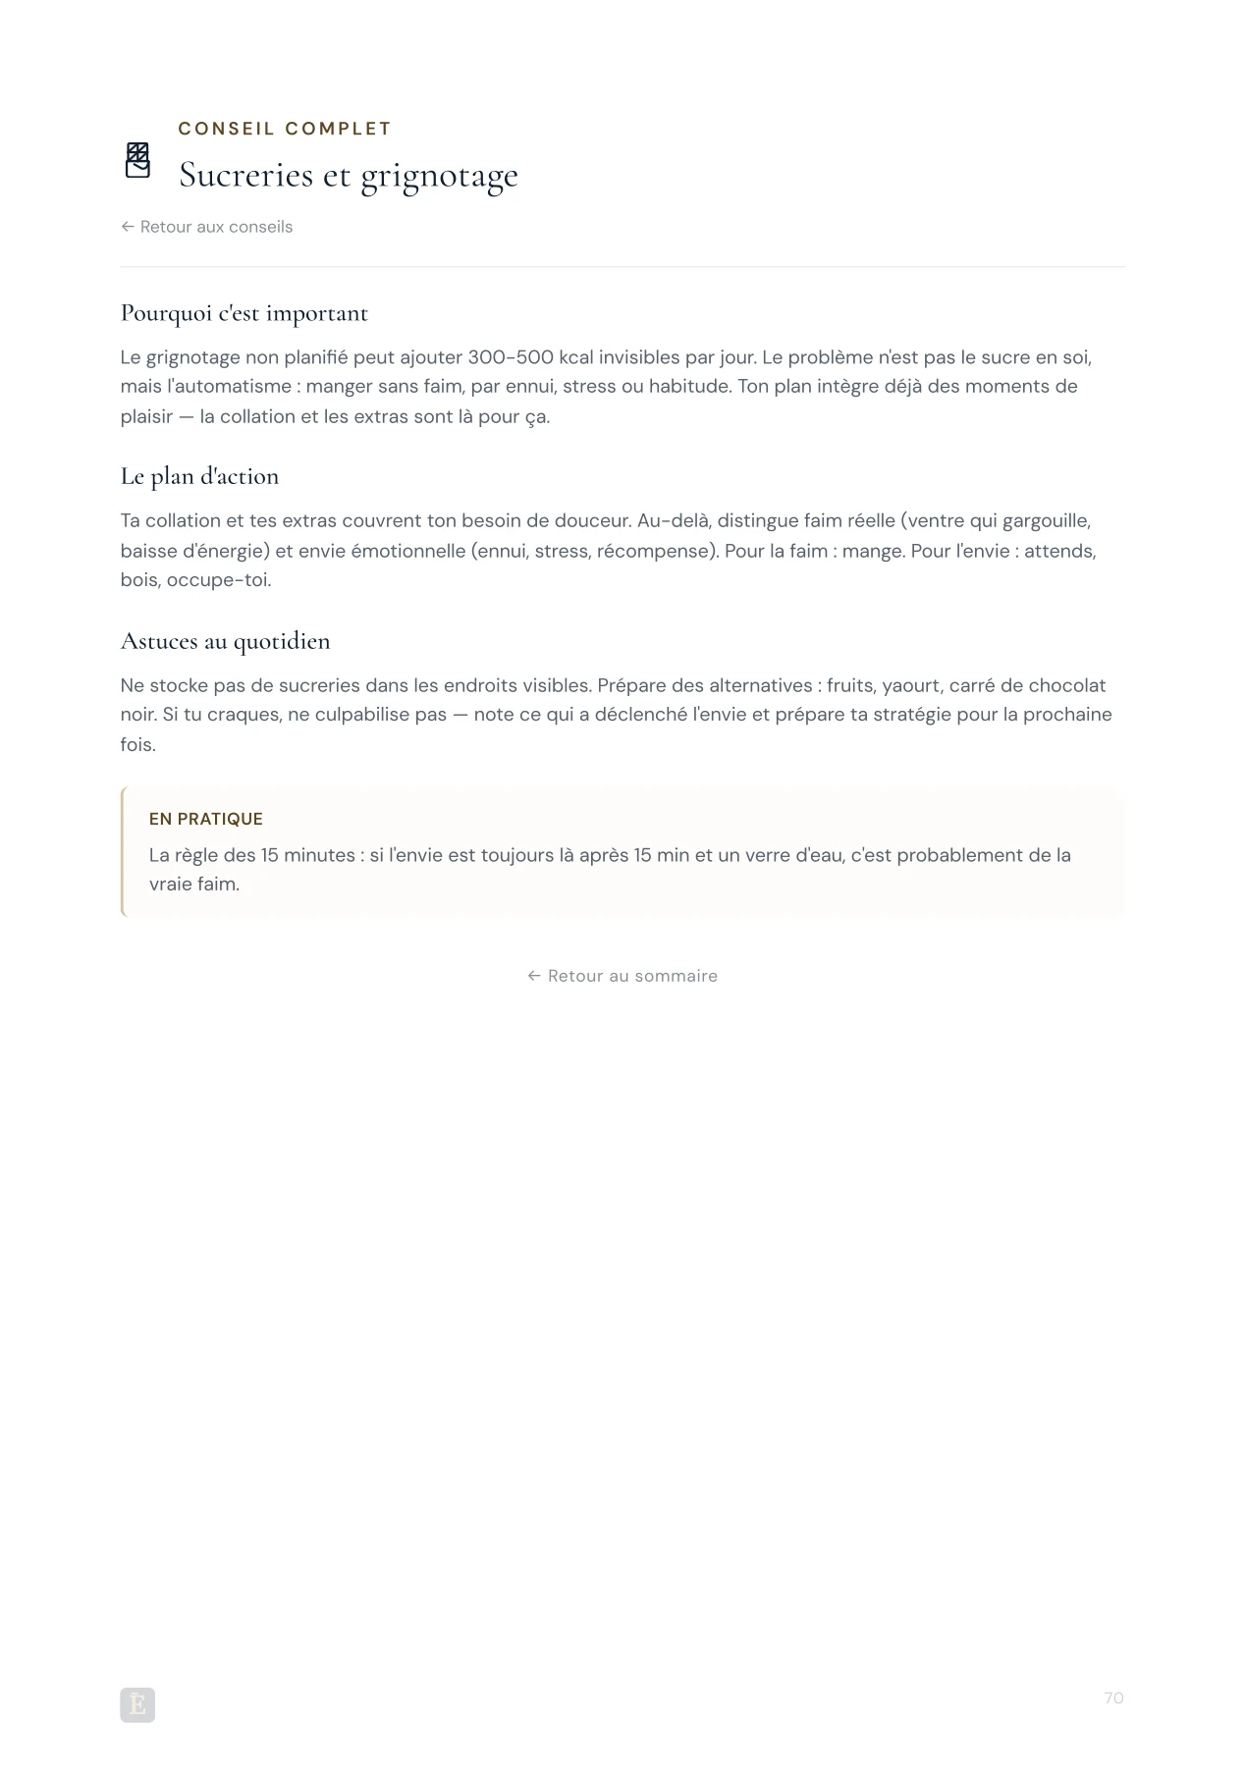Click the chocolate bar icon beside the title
tap(137, 160)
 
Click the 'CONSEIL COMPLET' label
tap(285, 129)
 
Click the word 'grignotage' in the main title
tap(439, 177)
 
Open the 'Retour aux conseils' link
tap(207, 227)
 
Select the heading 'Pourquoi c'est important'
tap(244, 313)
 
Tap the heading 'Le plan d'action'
tap(199, 477)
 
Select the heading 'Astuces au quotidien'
tap(225, 642)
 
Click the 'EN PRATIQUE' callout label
tap(206, 819)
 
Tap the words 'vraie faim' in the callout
tap(193, 885)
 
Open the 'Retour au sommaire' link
tap(622, 976)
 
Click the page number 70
tap(1113, 1698)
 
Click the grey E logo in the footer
tap(137, 1705)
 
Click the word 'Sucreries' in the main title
tap(245, 176)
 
